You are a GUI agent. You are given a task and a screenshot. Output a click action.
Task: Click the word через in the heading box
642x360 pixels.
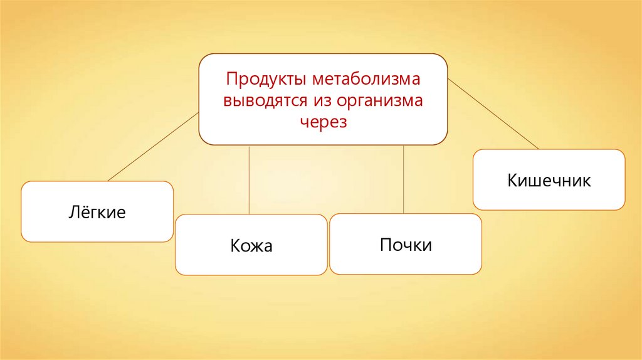[x=323, y=121]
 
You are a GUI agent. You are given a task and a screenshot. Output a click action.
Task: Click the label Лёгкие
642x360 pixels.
[x=97, y=212]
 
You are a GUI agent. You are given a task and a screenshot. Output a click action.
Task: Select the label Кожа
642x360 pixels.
[x=251, y=245]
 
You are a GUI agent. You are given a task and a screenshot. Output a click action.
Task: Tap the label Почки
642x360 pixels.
[x=406, y=244]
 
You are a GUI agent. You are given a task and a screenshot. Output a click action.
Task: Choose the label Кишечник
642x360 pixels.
[x=549, y=181]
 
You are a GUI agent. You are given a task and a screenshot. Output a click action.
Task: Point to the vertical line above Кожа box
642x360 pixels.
[x=250, y=180]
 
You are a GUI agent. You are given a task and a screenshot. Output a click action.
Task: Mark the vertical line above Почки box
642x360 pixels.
[x=403, y=179]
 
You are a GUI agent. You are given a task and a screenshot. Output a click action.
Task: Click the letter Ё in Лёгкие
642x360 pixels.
[x=83, y=211]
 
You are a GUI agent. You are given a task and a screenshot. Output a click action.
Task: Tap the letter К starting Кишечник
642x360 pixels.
[x=512, y=181]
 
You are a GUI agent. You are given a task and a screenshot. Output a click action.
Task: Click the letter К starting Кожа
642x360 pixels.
[x=234, y=245]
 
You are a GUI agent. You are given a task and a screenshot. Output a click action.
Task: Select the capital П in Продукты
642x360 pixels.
[x=231, y=80]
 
